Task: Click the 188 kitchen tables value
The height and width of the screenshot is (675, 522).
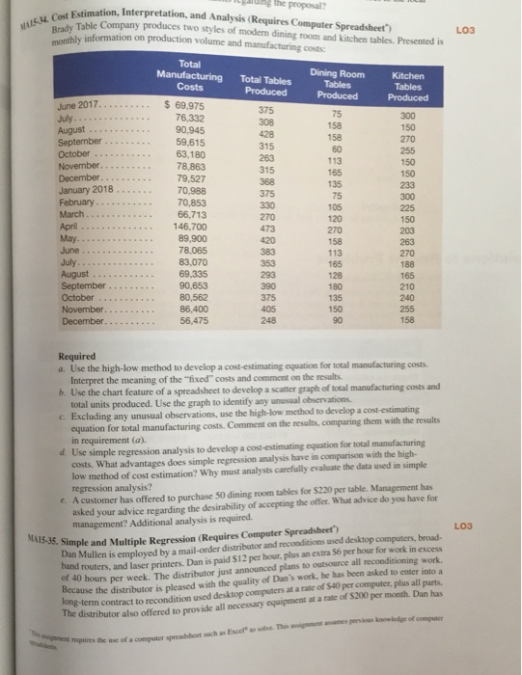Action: [x=406, y=275]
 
